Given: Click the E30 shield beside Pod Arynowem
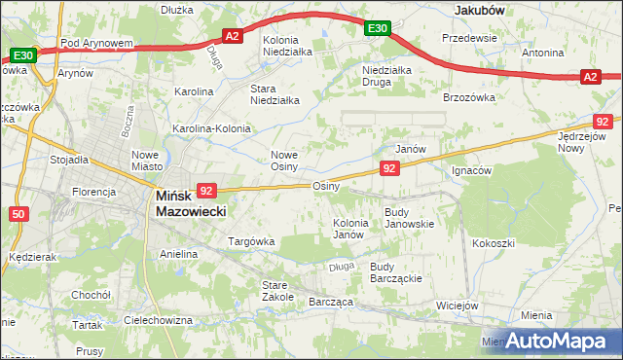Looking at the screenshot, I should pyautogui.click(x=23, y=56).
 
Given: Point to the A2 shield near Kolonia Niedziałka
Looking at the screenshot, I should pyautogui.click(x=232, y=37).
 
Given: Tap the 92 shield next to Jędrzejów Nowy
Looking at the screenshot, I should pyautogui.click(x=604, y=121).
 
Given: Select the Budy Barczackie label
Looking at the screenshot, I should pyautogui.click(x=395, y=271).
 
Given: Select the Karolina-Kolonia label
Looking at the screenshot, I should pyautogui.click(x=211, y=128).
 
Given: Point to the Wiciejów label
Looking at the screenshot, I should pyautogui.click(x=458, y=305).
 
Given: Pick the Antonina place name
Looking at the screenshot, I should pyautogui.click(x=542, y=53).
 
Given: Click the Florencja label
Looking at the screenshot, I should pyautogui.click(x=94, y=192).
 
